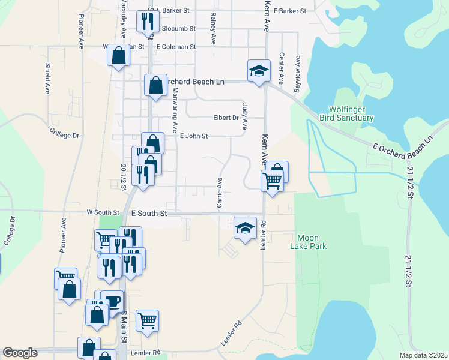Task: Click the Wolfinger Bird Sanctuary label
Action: coord(351,114)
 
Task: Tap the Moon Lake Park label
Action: coord(307,241)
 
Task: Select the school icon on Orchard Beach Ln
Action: coord(259,71)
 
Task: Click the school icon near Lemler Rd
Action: coord(245,228)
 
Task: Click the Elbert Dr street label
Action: coord(226,118)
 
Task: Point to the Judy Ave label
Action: coord(244,116)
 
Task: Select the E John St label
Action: coord(194,136)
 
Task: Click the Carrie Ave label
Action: coord(220,193)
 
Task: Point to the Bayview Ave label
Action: coord(297,70)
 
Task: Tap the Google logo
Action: coord(20,353)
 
